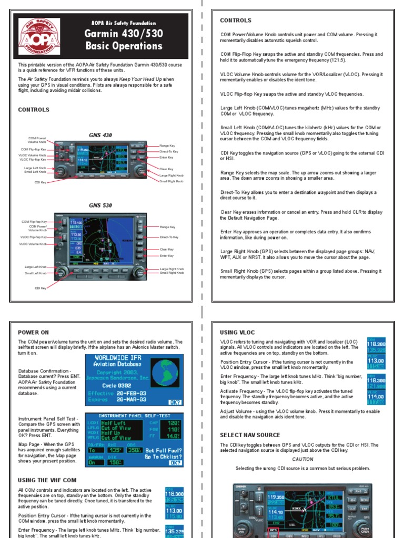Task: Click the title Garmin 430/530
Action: [x=124, y=34]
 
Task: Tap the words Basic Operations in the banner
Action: [x=124, y=46]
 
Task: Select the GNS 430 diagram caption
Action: [x=100, y=134]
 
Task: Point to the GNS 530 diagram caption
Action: [x=100, y=205]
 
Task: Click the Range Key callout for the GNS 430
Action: [x=168, y=145]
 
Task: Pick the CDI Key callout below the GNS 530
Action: [x=40, y=288]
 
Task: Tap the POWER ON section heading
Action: [x=33, y=332]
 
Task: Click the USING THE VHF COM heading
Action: [x=47, y=480]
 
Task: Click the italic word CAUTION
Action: [x=302, y=459]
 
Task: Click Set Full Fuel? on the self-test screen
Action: [x=164, y=450]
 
